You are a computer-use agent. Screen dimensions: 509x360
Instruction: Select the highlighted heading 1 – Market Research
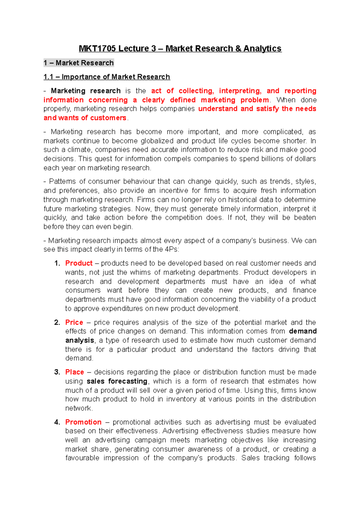tap(79, 63)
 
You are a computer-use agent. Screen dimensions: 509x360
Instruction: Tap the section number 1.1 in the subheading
tap(48, 77)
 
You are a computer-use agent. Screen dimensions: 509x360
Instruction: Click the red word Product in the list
tap(79, 263)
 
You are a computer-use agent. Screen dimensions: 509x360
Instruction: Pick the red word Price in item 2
tap(74, 323)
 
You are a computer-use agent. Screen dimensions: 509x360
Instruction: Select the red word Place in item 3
tap(74, 372)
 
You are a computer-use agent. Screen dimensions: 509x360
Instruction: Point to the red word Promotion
tap(83, 422)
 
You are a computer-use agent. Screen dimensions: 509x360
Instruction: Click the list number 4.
tap(57, 422)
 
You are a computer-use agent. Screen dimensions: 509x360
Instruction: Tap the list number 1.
tap(57, 263)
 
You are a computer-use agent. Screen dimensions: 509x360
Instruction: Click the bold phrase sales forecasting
tap(117, 381)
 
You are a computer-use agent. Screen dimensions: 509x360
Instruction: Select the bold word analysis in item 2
tap(80, 341)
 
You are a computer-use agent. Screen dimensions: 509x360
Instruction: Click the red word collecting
tap(196, 91)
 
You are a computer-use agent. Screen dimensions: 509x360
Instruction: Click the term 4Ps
tap(171, 249)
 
